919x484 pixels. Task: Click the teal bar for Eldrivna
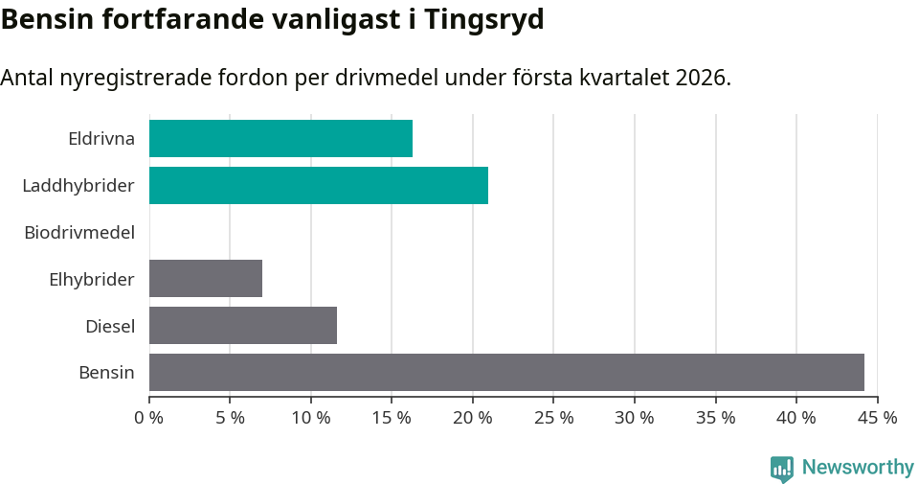click(280, 139)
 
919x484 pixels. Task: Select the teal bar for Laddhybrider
click(318, 185)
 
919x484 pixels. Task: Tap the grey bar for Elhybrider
click(206, 278)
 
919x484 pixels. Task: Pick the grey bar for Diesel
click(243, 325)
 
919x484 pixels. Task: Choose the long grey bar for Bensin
click(506, 372)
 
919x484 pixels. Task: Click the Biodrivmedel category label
click(79, 232)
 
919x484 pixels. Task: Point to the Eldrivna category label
click(101, 139)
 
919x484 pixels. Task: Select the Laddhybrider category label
click(78, 185)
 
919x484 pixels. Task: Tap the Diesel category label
click(110, 326)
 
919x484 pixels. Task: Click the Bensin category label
click(106, 372)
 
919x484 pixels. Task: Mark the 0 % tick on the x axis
click(149, 418)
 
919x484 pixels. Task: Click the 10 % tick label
click(311, 418)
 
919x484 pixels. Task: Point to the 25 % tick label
click(554, 418)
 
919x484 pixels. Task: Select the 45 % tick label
click(877, 418)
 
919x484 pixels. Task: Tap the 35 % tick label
click(716, 418)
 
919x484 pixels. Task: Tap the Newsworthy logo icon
click(782, 468)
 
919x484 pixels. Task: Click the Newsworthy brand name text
click(858, 468)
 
